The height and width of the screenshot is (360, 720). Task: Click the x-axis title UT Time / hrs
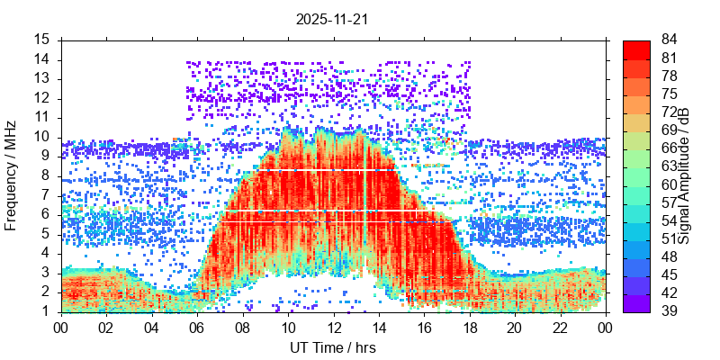[333, 347]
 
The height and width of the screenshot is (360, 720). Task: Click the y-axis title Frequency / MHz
[12, 175]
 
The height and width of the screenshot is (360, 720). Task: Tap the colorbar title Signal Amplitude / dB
[685, 175]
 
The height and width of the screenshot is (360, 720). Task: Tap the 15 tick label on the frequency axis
[42, 40]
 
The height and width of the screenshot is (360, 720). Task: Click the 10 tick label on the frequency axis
[42, 137]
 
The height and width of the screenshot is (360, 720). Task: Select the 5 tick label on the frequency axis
[47, 234]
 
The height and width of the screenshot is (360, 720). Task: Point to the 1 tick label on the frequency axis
[47, 311]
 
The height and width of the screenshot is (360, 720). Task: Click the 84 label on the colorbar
[670, 40]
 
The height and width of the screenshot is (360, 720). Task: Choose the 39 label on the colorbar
[670, 311]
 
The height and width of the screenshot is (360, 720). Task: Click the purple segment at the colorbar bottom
[636, 303]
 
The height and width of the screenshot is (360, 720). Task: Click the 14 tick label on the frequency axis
[42, 59]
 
